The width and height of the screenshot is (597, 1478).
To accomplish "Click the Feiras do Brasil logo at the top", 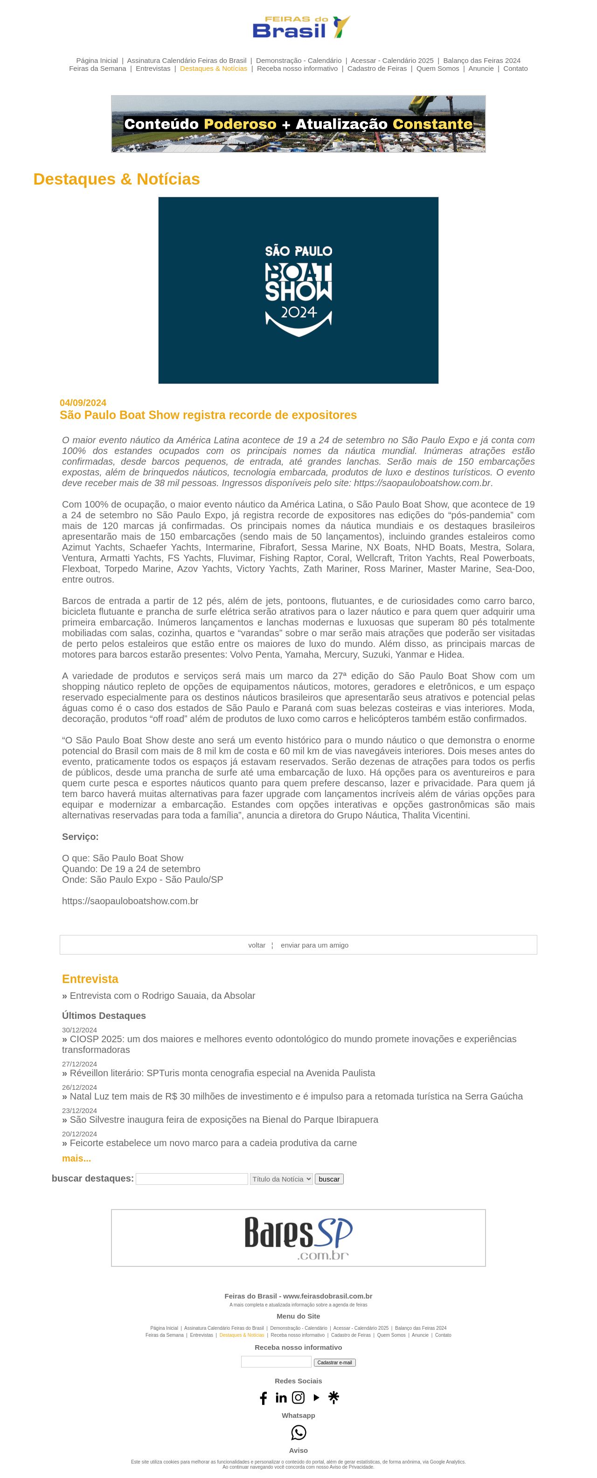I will [301, 27].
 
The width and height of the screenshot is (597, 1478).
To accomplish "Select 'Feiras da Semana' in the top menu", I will [97, 68].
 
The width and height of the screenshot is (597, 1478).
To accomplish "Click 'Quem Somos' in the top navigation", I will [437, 68].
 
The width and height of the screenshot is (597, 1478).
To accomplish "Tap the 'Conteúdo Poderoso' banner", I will [298, 124].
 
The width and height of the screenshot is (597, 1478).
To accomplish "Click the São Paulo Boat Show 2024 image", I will [298, 290].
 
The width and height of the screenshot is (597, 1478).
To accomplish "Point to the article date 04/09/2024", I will [83, 403].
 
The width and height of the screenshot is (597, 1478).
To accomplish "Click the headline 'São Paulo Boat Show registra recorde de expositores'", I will [208, 415].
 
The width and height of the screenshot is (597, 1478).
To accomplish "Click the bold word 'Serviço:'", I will [80, 837].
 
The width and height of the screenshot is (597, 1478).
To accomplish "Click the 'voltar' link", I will [257, 945].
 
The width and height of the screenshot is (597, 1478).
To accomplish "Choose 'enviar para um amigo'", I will [314, 945].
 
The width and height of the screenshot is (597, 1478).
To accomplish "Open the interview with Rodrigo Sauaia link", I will [162, 996].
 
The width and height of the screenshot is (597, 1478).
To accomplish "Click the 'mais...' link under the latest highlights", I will [76, 1158].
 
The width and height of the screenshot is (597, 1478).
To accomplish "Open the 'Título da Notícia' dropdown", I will [281, 1179].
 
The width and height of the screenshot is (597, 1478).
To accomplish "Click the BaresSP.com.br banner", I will [298, 1237].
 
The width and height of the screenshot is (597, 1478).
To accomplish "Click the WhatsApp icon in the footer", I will [298, 1433].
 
